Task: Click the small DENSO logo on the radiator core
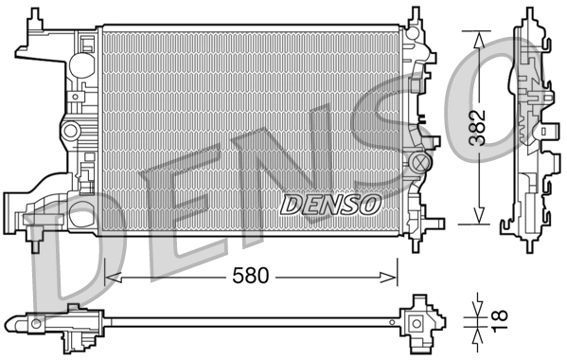point(331,203)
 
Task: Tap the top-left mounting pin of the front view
point(38,13)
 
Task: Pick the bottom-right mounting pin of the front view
point(416,245)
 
